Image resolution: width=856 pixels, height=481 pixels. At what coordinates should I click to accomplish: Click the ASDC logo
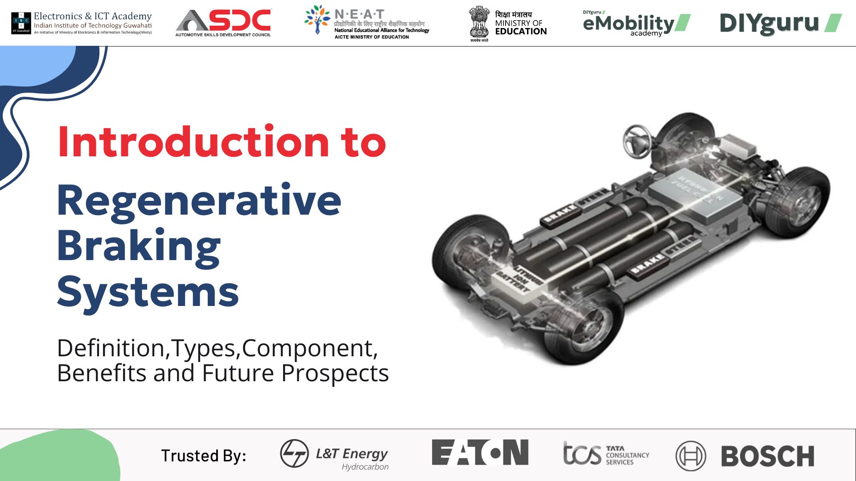pos(223,22)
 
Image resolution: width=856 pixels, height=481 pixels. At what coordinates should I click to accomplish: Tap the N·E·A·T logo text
pos(359,14)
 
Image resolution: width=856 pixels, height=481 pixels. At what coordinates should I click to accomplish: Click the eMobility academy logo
pos(635,24)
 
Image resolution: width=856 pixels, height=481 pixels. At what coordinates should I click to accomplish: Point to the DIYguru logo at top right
pos(780,23)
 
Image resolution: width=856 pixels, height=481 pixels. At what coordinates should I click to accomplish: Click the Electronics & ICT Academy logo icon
pos(21,23)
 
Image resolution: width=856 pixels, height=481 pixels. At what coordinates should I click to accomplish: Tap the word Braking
pos(139,247)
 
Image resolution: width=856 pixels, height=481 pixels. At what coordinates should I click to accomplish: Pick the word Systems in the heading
pos(148,292)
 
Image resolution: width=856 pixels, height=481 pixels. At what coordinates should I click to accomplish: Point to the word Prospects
pos(335,373)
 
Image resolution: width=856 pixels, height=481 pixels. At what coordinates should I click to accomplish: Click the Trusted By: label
pos(203,456)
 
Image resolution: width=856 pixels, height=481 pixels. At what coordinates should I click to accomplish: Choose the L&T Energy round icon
pos(294,453)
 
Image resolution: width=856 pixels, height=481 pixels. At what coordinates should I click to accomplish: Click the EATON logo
pos(480,452)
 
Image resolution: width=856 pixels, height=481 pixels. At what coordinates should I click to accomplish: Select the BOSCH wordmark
pos(767,456)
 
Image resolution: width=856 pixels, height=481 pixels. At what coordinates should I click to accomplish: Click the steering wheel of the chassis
pos(638,138)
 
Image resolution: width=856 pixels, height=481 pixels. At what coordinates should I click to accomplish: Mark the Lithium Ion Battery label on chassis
pos(519,279)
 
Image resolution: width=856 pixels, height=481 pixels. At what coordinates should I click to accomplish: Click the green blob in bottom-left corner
pos(58,457)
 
